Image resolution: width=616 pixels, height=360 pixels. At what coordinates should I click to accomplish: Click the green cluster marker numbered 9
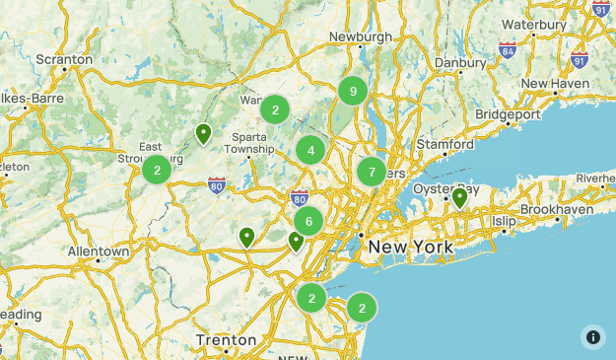(x=353, y=92)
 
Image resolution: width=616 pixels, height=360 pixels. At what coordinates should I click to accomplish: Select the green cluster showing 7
(x=371, y=173)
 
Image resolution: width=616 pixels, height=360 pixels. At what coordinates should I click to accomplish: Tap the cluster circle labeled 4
(x=310, y=150)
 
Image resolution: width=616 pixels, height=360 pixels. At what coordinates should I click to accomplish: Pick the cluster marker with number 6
(x=308, y=221)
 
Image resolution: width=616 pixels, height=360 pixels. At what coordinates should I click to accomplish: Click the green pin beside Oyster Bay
(x=459, y=198)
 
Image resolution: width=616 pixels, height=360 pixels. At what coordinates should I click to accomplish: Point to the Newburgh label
(x=361, y=36)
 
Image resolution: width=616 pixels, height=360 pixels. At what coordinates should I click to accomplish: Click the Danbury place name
(x=460, y=61)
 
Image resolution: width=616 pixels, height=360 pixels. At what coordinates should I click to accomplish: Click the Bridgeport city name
(x=508, y=114)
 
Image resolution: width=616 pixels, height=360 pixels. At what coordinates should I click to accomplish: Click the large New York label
(x=411, y=246)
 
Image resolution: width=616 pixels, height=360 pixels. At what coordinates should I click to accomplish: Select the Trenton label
(x=226, y=340)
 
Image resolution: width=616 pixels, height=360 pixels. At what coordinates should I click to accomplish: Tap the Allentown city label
(x=99, y=252)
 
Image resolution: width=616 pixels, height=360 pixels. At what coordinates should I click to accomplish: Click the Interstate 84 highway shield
(x=508, y=49)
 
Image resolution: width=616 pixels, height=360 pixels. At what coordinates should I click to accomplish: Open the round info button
(x=592, y=336)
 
